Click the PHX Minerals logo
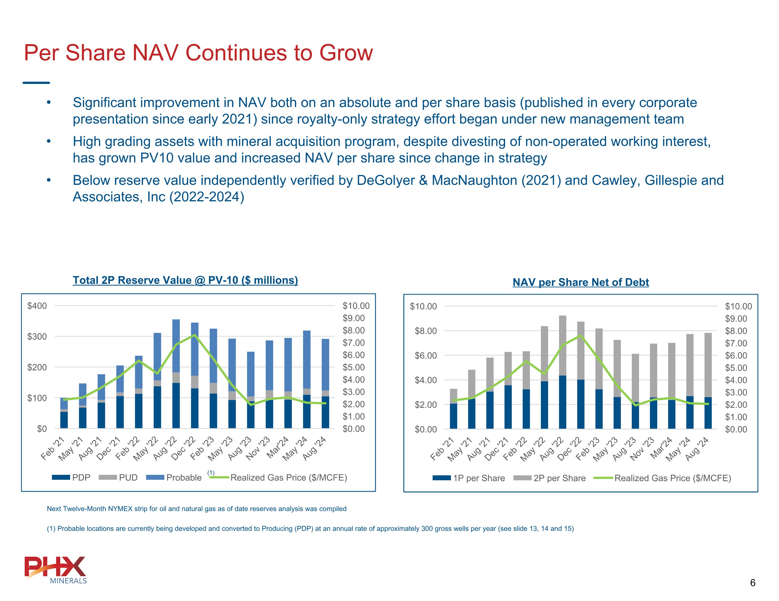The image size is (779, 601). pos(56,570)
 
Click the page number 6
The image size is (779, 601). pos(753,583)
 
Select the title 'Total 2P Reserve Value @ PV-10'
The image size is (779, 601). pos(185,280)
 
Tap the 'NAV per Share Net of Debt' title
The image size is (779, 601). pos(580,282)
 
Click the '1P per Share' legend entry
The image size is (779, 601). pos(469,478)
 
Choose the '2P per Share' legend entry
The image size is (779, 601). pos(550,478)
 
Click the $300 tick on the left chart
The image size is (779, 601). pos(37,336)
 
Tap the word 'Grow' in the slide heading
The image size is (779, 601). pos(346,53)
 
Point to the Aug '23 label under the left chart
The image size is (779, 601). pos(240,448)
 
